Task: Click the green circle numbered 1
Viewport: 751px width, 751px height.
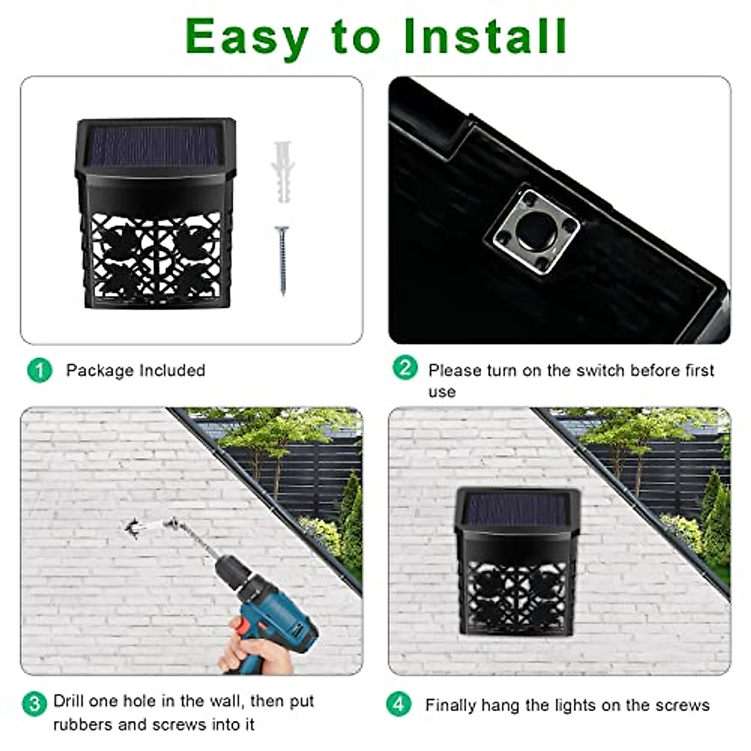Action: pyautogui.click(x=39, y=370)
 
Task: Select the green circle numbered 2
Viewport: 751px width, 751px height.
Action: pyautogui.click(x=405, y=367)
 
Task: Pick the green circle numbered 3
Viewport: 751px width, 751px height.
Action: pyautogui.click(x=34, y=704)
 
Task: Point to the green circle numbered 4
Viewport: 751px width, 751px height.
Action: pyautogui.click(x=399, y=704)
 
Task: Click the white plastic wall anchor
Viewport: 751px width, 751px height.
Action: pyautogui.click(x=282, y=172)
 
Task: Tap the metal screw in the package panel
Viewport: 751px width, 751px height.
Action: pyautogui.click(x=282, y=260)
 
